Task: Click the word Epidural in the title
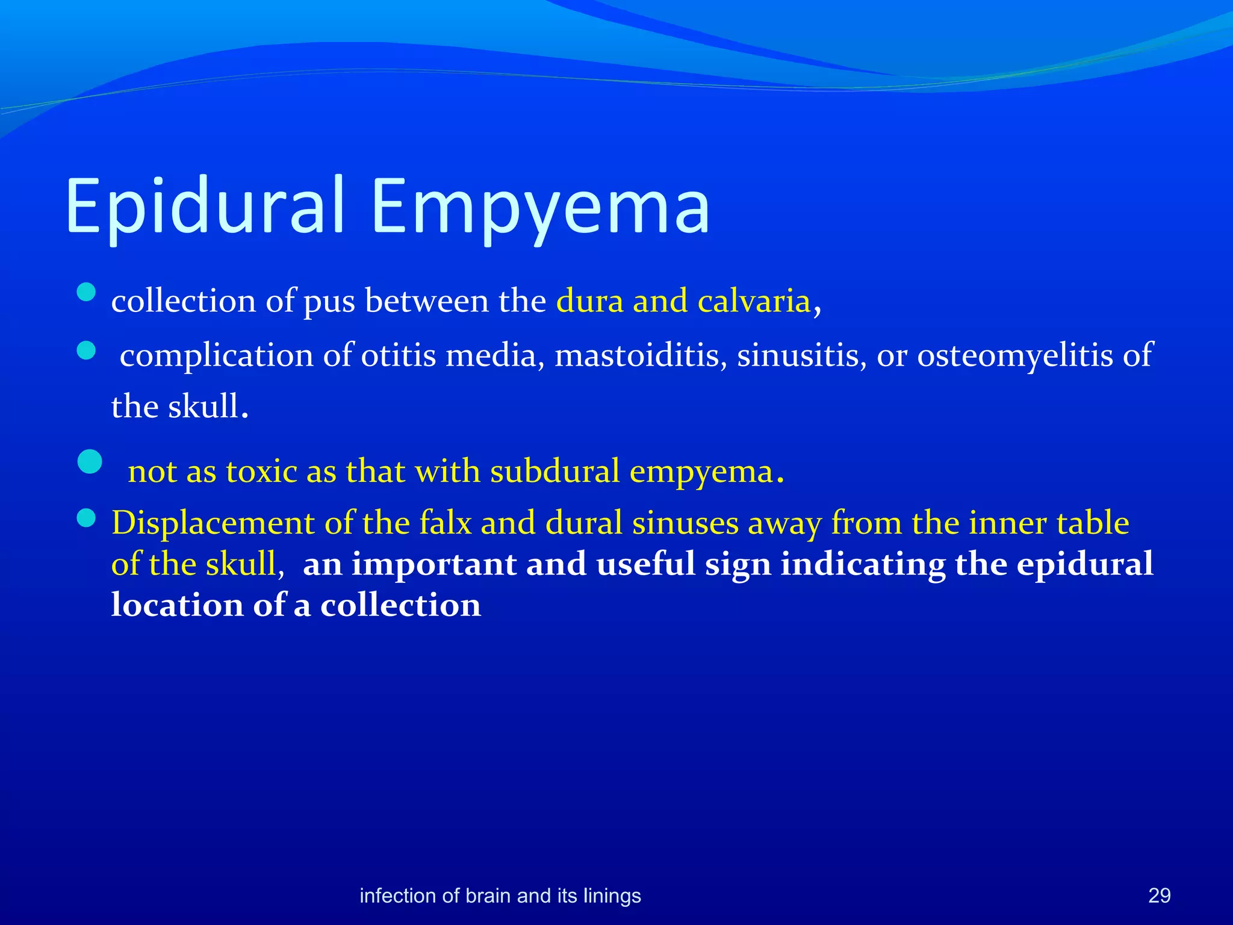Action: point(205,206)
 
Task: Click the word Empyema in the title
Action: point(540,206)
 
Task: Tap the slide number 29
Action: point(1159,895)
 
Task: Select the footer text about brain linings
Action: point(500,895)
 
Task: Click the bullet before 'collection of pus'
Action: point(87,293)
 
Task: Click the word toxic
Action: point(261,471)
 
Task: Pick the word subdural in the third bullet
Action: point(554,471)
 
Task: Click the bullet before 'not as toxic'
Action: point(90,462)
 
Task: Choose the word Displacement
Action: point(213,523)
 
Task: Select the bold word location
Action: point(177,605)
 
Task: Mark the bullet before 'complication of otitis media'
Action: point(87,350)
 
